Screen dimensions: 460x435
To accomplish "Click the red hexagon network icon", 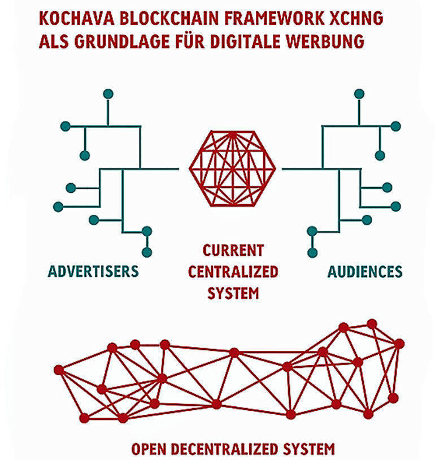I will [232, 168].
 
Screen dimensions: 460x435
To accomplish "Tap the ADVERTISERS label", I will [93, 271].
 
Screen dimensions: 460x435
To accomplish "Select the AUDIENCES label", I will [365, 271].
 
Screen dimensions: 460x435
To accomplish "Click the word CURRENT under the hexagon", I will [233, 249].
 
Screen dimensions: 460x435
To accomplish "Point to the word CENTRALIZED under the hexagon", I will [233, 271].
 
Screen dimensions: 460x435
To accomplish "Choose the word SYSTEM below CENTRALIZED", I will [233, 293].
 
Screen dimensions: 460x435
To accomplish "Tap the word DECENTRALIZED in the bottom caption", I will [232, 449].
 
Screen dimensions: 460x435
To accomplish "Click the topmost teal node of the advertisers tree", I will [108, 93].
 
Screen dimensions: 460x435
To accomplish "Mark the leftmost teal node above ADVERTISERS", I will [58, 207].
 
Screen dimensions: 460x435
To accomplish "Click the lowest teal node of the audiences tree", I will [311, 252].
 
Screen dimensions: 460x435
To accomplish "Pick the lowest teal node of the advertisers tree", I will [147, 252].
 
